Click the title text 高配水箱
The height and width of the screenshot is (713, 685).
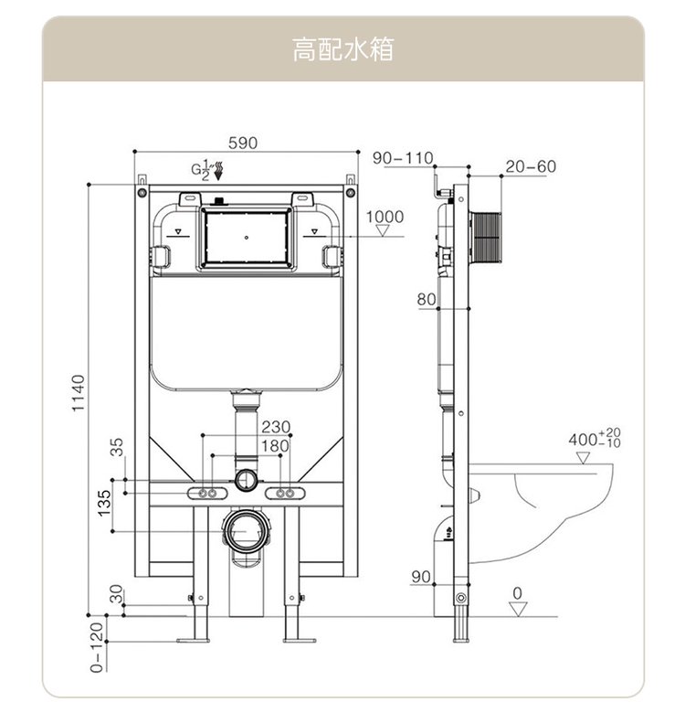pyautogui.click(x=342, y=49)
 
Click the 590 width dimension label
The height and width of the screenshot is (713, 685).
pyautogui.click(x=243, y=143)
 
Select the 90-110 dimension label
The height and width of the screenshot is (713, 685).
pyautogui.click(x=403, y=158)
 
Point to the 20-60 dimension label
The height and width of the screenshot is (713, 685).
pyautogui.click(x=530, y=166)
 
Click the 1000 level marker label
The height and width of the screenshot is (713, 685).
pyautogui.click(x=385, y=217)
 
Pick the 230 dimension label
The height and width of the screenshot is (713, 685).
pyautogui.click(x=275, y=427)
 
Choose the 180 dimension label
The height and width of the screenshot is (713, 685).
pyautogui.click(x=275, y=445)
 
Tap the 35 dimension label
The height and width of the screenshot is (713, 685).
pyautogui.click(x=116, y=446)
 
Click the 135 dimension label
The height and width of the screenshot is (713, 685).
pyautogui.click(x=104, y=502)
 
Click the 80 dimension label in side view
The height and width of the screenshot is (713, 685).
pyautogui.click(x=427, y=300)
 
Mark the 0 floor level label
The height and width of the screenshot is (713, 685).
pyautogui.click(x=518, y=593)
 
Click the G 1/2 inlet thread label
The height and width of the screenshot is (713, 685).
pyautogui.click(x=202, y=170)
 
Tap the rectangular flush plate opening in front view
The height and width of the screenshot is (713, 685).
pyautogui.click(x=247, y=237)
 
